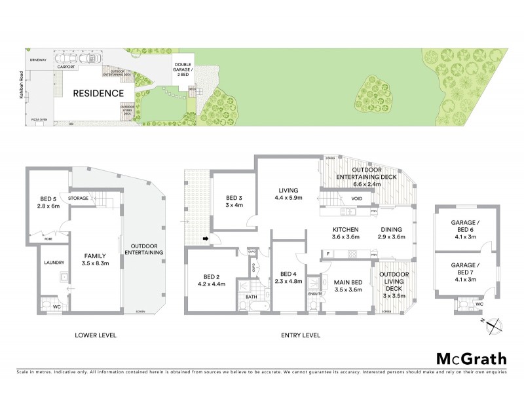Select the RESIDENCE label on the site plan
click(98, 93)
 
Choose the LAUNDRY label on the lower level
click(54, 263)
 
